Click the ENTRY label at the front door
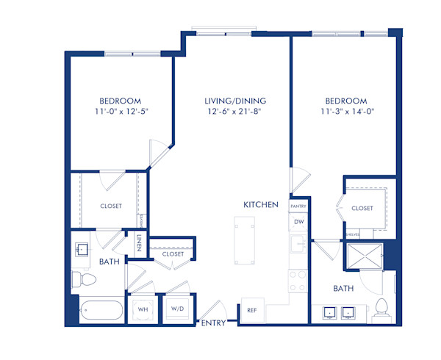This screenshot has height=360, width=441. point(214,323)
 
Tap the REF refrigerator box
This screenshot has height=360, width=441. point(251,311)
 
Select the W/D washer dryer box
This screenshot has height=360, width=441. point(177,309)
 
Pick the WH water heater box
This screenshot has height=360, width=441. point(142,309)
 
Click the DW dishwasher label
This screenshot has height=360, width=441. point(298,222)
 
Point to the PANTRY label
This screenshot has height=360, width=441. point(298,207)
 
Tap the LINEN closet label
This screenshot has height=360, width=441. point(138,243)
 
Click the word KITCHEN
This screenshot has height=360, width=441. point(262,204)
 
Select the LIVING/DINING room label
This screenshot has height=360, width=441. point(235,101)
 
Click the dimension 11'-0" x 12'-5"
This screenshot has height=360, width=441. point(121,112)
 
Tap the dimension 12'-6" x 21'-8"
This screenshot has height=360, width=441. point(235,112)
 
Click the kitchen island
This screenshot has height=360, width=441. point(241,240)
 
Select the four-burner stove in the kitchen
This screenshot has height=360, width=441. point(299,281)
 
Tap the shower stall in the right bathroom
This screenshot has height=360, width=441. point(363,257)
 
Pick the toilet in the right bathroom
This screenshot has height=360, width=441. point(381,309)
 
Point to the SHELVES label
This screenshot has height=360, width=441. point(353,234)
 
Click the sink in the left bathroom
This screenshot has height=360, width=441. point(82,248)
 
